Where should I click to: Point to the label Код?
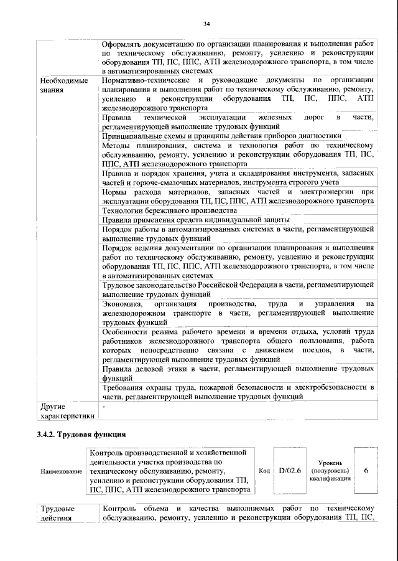pos(263,471)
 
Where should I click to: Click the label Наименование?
pos(62,471)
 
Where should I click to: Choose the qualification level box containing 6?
pos(366,471)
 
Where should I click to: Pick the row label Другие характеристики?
pos(62,412)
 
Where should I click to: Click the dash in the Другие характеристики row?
pos(104,407)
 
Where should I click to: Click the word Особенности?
pos(129,332)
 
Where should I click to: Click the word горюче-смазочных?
pos(156,182)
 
